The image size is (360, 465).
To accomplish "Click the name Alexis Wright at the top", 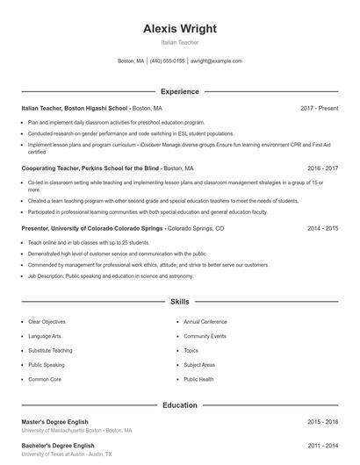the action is [179, 28].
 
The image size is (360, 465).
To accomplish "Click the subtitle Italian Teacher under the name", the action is [179, 42].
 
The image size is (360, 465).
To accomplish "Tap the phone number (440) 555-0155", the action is [167, 61].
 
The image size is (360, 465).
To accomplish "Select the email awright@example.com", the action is [216, 61].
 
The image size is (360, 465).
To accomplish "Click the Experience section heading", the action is [179, 91].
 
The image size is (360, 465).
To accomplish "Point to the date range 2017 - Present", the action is [319, 108].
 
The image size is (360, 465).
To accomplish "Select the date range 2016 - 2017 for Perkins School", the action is [322, 168].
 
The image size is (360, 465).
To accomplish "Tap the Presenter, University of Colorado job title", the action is [92, 227].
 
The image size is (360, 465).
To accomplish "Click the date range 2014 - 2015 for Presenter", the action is [322, 227].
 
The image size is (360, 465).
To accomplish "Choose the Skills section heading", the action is [179, 301].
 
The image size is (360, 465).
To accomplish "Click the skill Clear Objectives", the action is [47, 322].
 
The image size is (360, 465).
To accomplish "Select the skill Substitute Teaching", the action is [50, 350].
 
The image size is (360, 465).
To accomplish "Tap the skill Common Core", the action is [45, 379].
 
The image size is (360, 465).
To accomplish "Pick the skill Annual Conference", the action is [205, 322].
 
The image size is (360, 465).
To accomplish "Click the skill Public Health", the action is [198, 379].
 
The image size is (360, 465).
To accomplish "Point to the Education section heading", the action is [179, 405].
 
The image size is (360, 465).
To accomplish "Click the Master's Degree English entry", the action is [54, 422].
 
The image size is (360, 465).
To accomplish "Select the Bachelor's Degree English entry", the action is [57, 446].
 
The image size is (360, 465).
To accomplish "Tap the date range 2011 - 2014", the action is [322, 446].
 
